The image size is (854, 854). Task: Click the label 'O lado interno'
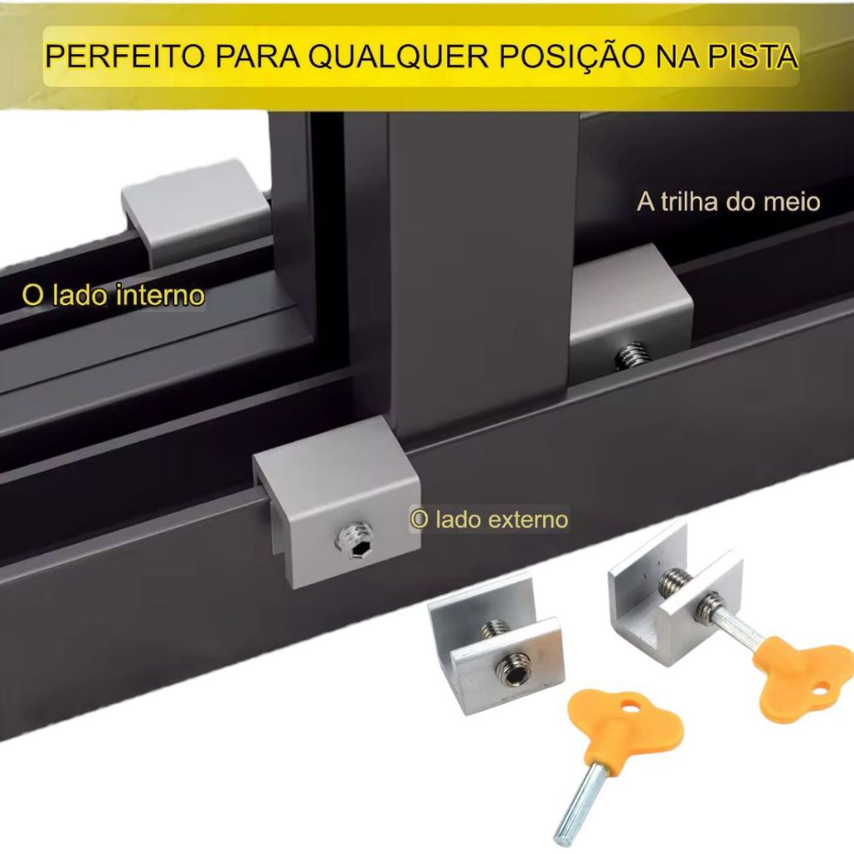click(x=113, y=295)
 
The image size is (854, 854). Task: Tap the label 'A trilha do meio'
click(x=728, y=202)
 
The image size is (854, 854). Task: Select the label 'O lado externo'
click(x=489, y=520)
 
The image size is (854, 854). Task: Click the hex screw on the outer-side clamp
click(x=355, y=540)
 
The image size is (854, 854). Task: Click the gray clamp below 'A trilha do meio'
click(x=631, y=307)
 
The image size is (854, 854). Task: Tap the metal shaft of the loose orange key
click(x=583, y=801)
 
